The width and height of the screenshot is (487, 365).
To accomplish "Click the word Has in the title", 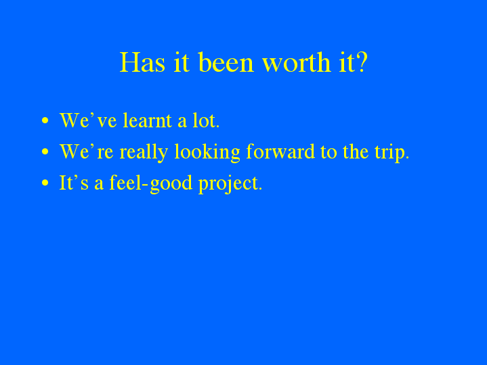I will tap(139, 63).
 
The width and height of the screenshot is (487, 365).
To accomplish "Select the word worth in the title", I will tap(290, 63).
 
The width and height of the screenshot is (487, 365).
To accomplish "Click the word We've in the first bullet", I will tap(79, 121).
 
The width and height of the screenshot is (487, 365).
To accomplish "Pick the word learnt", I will tap(147, 121).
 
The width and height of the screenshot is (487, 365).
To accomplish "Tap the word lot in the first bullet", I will tap(205, 121).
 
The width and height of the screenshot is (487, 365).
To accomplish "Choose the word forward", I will tap(280, 152).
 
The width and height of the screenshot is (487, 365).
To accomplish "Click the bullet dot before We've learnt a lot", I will tap(45, 121).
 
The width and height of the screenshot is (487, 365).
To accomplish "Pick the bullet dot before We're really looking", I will tap(45, 152).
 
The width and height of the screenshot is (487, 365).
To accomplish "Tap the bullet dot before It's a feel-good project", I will tap(45, 184).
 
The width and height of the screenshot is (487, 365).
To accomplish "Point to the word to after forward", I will tap(328, 152).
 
